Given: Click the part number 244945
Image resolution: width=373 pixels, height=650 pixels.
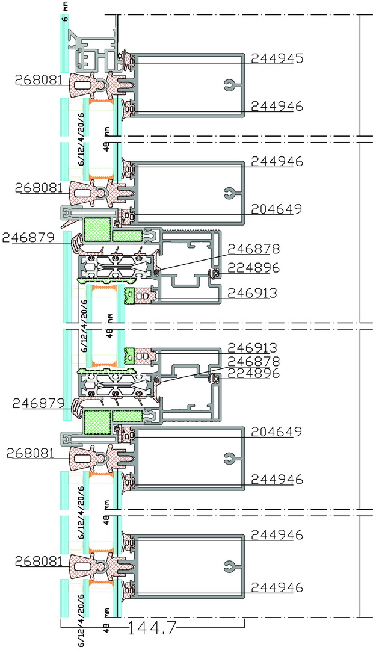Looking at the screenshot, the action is coord(277,58).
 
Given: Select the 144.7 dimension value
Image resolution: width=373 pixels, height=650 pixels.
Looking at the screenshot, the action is coord(152,628).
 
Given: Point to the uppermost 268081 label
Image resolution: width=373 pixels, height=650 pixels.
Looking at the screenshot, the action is coord(39,79).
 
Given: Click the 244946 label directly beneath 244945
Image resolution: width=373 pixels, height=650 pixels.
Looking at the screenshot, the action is coord(277,107).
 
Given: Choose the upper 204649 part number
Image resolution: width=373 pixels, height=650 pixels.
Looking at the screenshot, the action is coord(277,209).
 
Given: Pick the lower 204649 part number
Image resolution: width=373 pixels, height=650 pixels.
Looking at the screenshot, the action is coord(277,432).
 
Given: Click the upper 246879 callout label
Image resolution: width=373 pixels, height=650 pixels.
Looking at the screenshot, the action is coord(29,238).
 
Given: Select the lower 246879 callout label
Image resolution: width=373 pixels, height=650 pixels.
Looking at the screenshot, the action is coord(39,403).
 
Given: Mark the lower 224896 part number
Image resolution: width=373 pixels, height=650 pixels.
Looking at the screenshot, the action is coord(254,374).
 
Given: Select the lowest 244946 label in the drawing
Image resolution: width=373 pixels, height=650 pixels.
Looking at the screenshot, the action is coord(277,587).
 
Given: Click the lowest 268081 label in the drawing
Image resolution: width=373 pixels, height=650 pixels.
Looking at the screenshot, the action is coord(39,562).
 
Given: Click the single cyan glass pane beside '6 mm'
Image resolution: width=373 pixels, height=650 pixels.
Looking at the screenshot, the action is coord(64,44).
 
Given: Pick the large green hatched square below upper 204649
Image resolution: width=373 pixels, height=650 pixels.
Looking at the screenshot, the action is coord(97,230).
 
